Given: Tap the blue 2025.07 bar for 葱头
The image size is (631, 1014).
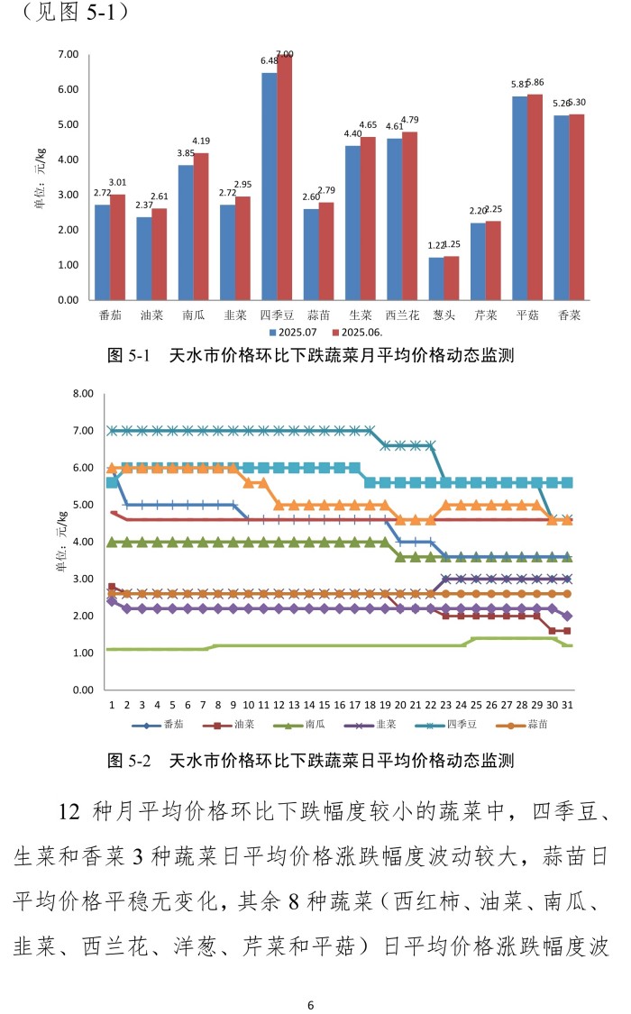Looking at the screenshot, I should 436,279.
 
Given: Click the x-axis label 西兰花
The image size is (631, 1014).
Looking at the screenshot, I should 402,315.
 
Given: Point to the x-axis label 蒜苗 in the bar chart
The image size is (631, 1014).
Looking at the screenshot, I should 318,315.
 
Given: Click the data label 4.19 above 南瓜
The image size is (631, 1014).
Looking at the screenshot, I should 201,141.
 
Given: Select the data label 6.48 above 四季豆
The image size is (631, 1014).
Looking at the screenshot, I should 269,61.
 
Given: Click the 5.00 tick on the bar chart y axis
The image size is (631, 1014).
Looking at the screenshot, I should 69,124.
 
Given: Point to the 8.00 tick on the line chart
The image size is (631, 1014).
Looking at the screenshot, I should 83,394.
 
